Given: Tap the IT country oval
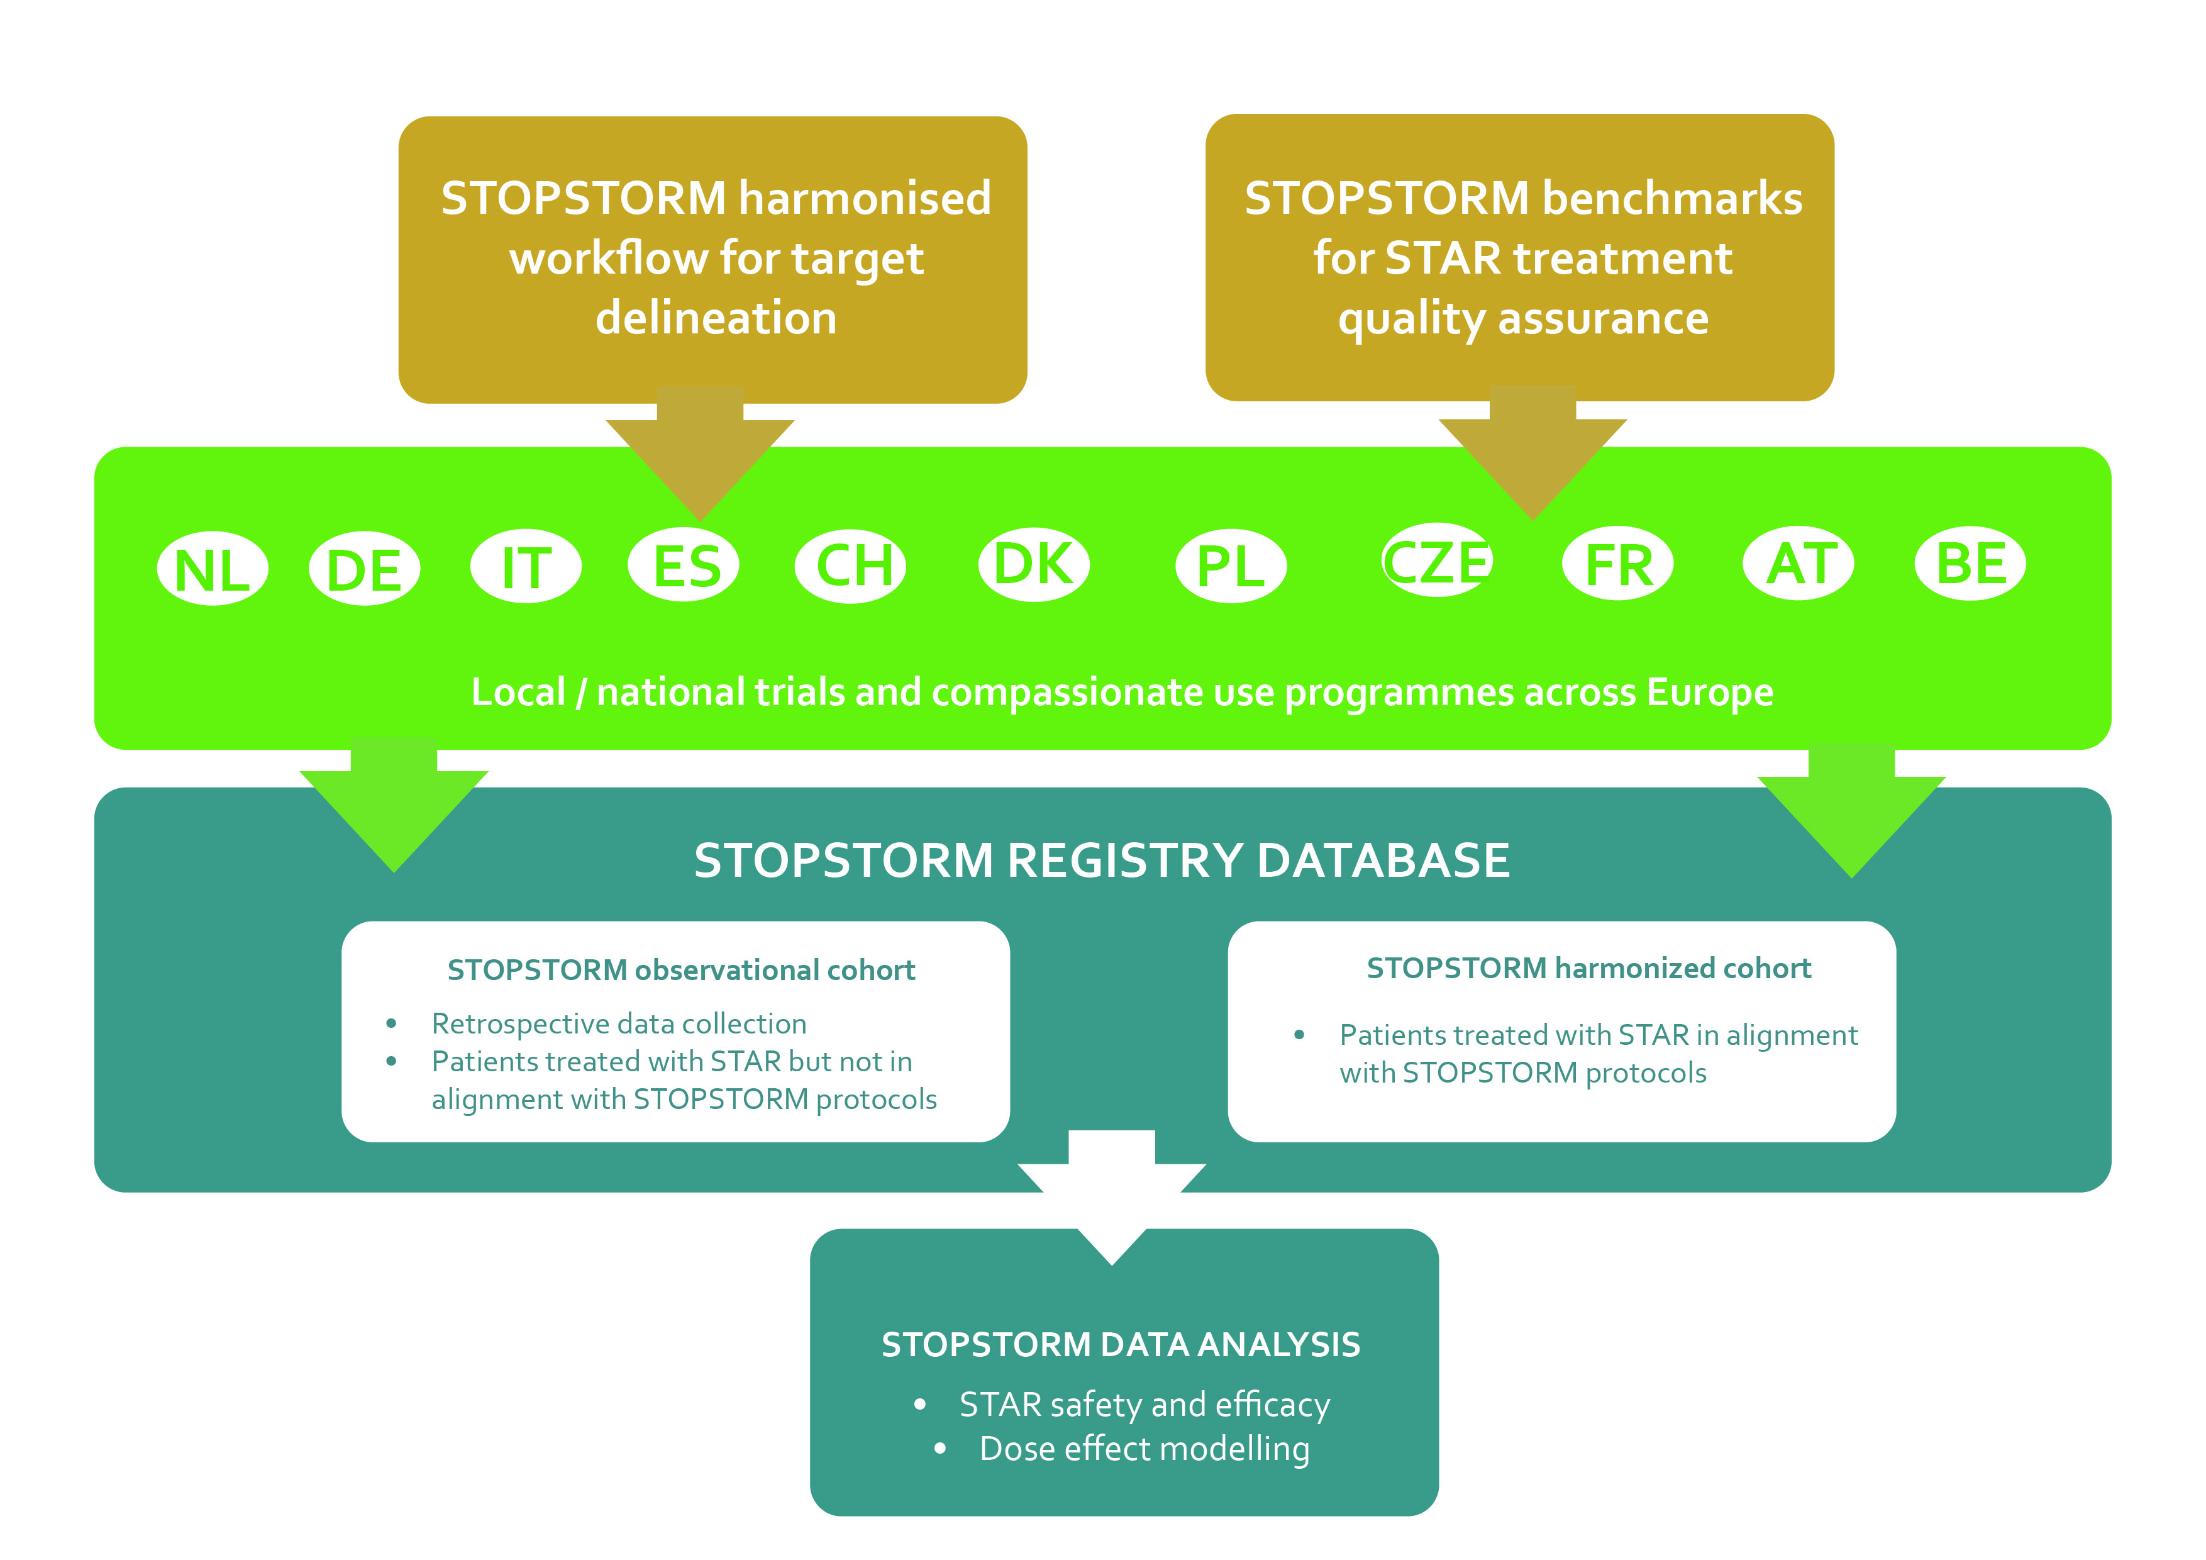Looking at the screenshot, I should (x=526, y=566).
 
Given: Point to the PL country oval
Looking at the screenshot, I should (x=1231, y=566).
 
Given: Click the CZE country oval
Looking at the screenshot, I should (x=1436, y=560).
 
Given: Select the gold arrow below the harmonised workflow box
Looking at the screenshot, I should (x=701, y=452).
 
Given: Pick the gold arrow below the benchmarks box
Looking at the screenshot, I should (x=1533, y=451).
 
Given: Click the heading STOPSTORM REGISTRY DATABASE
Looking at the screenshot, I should (x=1102, y=861).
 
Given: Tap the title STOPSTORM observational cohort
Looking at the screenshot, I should (x=681, y=970).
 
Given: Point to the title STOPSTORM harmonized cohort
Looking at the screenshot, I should (x=1588, y=968).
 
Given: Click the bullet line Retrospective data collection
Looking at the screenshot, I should (x=619, y=1023).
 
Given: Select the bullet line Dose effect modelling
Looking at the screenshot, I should (x=1143, y=1449).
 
